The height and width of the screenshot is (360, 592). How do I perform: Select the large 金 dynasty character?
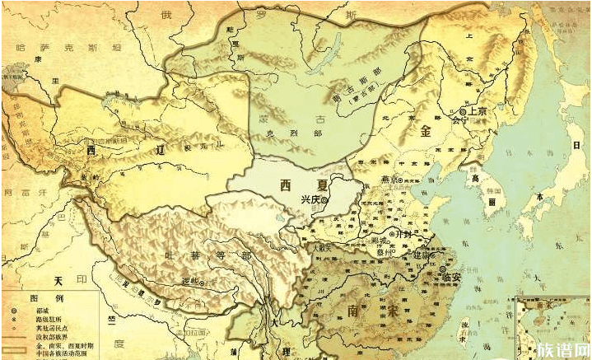(x=426, y=132)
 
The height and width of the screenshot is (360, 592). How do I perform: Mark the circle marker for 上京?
(x=464, y=111)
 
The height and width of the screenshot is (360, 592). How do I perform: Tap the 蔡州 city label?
(x=385, y=251)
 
